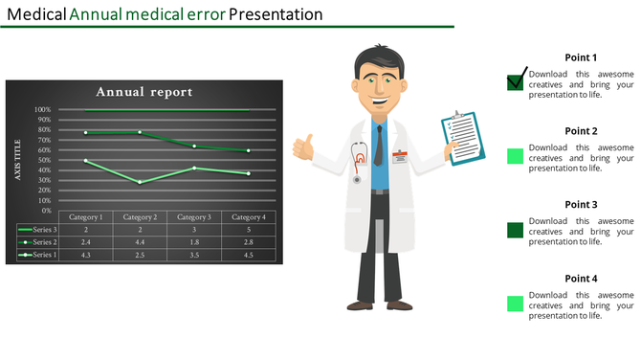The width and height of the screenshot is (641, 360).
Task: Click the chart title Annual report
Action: tap(144, 92)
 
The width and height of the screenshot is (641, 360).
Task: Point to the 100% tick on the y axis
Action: tap(43, 109)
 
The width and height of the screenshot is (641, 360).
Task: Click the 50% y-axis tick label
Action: tap(45, 160)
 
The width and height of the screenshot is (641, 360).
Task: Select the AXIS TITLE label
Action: tap(17, 159)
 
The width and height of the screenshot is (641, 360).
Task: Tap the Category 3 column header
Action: tap(194, 217)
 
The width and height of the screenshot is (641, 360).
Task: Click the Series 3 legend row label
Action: tap(44, 230)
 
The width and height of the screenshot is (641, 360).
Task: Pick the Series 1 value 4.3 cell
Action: tap(85, 255)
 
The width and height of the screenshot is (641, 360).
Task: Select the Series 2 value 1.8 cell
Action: tap(194, 242)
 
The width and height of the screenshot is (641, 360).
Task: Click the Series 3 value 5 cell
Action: tap(249, 230)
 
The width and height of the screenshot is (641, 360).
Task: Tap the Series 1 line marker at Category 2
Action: tap(140, 182)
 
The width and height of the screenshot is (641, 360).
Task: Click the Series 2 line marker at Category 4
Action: tap(249, 150)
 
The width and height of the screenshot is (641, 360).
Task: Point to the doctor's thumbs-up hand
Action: tap(305, 148)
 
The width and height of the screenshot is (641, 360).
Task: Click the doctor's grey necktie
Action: tap(379, 146)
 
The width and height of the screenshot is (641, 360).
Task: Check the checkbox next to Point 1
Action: tap(515, 81)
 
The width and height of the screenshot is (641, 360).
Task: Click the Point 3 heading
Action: tap(581, 205)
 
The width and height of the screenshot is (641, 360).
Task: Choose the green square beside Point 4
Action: tap(515, 304)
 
